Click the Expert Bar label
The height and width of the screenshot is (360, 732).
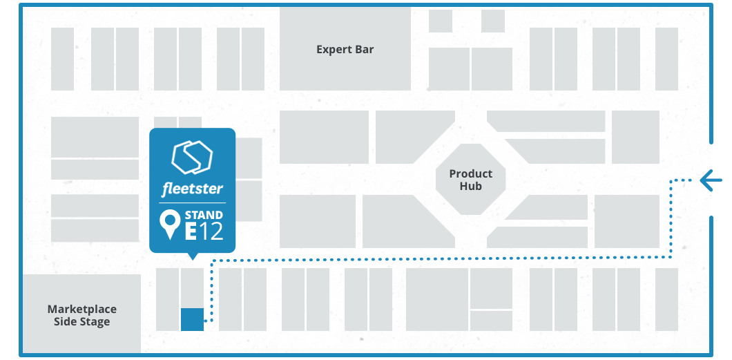[345, 49]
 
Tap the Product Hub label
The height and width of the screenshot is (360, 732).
[470, 180]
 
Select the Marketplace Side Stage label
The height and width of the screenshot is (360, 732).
[81, 315]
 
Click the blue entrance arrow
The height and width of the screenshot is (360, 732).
[711, 181]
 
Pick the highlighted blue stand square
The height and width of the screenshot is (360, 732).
[192, 319]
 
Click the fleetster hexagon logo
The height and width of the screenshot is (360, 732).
[192, 158]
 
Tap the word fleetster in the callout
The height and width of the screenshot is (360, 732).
[193, 189]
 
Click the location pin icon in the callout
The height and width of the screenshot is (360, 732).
[169, 225]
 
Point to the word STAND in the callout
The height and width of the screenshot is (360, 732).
[204, 215]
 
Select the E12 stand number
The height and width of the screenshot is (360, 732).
[204, 231]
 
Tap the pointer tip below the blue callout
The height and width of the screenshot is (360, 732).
[193, 256]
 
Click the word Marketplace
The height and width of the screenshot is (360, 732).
[81, 309]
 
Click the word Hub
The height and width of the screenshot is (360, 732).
[470, 186]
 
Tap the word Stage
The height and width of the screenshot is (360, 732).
[94, 321]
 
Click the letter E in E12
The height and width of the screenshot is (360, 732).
[191, 231]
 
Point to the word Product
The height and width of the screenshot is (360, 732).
[470, 173]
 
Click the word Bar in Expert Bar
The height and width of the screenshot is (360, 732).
[365, 49]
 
